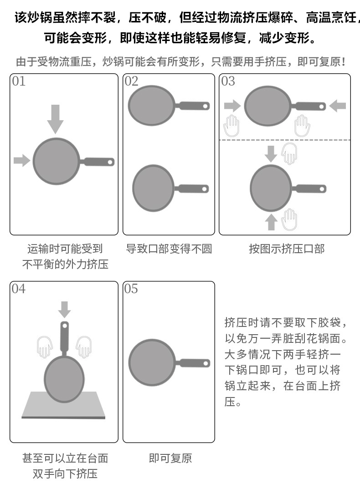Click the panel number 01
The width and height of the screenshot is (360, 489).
pyautogui.click(x=19, y=81)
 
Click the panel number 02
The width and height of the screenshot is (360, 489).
pyautogui.click(x=131, y=81)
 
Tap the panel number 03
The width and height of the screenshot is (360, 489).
pyautogui.click(x=228, y=81)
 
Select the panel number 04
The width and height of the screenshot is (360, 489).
pyautogui.click(x=19, y=289)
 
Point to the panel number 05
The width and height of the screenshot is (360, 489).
pyautogui.click(x=131, y=289)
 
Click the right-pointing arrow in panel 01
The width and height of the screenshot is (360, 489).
pyautogui.click(x=21, y=160)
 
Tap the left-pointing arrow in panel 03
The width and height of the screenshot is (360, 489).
pyautogui.click(x=337, y=106)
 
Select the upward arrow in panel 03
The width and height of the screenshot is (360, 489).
pyautogui.click(x=271, y=222)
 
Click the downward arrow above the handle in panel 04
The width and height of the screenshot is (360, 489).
pyautogui.click(x=65, y=309)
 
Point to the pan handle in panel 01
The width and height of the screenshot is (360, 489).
pyautogui.click(x=97, y=161)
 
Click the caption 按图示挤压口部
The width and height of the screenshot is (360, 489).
pyautogui.click(x=286, y=249)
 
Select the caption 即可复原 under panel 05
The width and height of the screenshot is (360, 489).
pyautogui.click(x=170, y=458)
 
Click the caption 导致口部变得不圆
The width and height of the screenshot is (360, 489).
pyautogui.click(x=169, y=249)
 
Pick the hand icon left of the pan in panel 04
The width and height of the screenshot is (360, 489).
pyautogui.click(x=45, y=347)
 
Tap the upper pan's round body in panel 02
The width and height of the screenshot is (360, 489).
pyautogui.click(x=152, y=106)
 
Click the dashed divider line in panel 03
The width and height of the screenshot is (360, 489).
pyautogui.click(x=285, y=140)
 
